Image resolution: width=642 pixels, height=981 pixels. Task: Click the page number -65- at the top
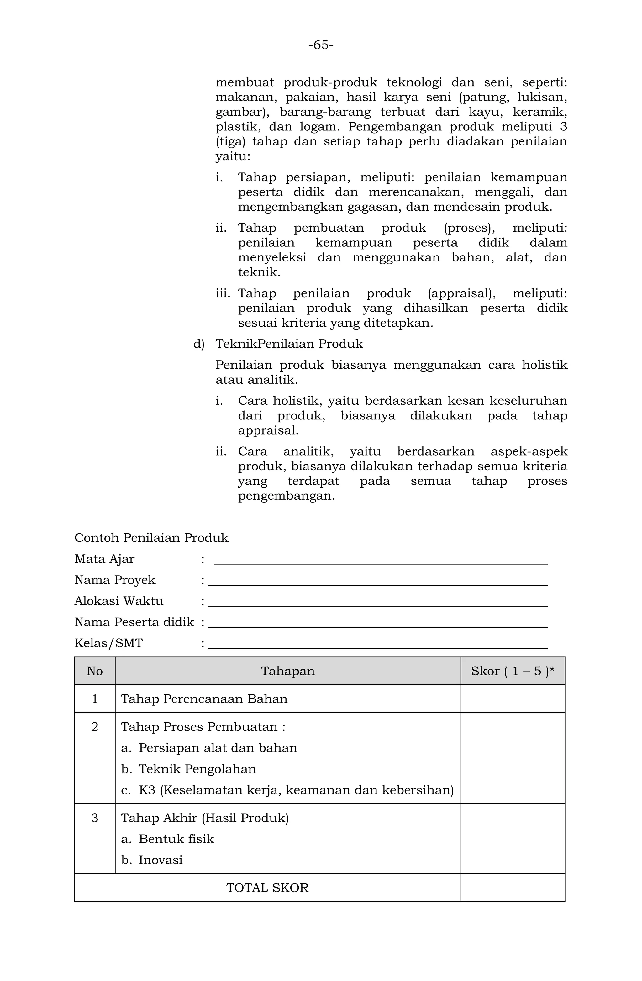click(321, 45)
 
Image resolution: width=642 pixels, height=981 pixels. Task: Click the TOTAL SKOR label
click(267, 888)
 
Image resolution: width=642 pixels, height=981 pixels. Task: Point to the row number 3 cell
click(94, 818)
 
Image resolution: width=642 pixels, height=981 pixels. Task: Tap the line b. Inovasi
click(152, 860)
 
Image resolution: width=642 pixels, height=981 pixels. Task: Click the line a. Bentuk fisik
click(167, 839)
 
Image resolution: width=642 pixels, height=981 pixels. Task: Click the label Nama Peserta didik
click(134, 622)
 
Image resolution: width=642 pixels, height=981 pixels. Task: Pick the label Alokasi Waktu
click(119, 601)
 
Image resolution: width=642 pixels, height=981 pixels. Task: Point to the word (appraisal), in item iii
click(461, 293)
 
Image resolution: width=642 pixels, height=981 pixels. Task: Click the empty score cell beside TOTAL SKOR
click(512, 888)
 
